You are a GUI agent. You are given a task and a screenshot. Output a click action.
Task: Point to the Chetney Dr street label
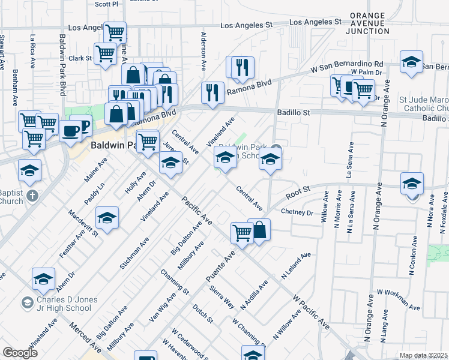pos(297,213)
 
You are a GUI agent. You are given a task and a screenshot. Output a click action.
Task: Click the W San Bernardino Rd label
pos(346,67)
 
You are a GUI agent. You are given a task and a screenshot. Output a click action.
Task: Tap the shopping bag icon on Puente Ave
pos(259,230)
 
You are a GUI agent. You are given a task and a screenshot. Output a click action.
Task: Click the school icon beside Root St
pos(412,183)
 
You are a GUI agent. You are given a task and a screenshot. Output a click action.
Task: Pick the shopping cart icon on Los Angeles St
pos(115,31)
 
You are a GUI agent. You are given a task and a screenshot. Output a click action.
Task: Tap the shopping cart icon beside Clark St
pos(106,53)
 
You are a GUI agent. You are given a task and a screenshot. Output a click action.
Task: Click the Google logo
pos(20,353)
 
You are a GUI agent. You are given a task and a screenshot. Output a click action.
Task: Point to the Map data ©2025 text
pos(424,355)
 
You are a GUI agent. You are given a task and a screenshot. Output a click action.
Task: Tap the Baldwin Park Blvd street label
pos(62,64)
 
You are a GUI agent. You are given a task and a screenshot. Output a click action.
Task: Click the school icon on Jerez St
pos(170,163)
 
